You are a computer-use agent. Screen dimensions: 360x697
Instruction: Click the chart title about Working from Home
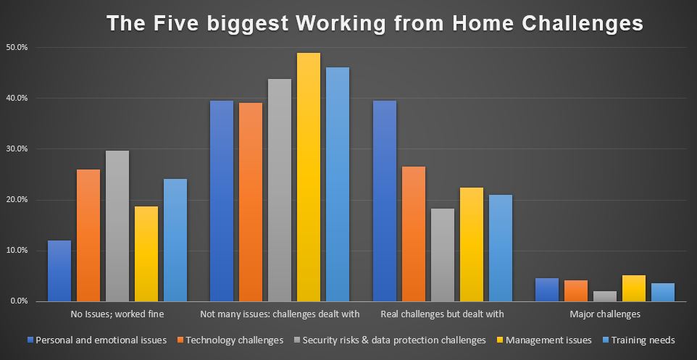[x=375, y=23]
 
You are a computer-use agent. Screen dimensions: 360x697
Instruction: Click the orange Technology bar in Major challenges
[x=576, y=290]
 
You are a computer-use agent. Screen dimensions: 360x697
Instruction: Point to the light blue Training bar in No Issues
[x=175, y=240]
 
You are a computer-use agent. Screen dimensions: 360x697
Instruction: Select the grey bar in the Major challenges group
[x=605, y=296]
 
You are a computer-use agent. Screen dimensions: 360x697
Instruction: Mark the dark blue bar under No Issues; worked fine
[x=59, y=271]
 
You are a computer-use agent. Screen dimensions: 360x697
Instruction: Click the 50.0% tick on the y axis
[x=17, y=48]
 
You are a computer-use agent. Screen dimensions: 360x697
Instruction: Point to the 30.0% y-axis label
[x=17, y=149]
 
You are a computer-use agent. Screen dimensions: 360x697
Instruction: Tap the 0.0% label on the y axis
[x=19, y=301]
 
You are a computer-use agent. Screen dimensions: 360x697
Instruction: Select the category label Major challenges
[x=605, y=314]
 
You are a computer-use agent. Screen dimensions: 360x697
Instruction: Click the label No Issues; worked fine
[x=117, y=314]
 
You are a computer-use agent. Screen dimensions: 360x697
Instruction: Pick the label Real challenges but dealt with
[x=442, y=314]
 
